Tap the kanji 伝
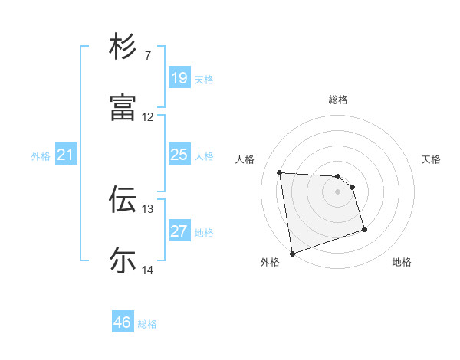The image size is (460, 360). (x=123, y=199)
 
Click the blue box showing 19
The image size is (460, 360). (x=179, y=78)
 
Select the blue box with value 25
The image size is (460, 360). (x=179, y=155)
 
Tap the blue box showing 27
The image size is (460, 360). (x=179, y=231)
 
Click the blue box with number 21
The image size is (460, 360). (x=66, y=155)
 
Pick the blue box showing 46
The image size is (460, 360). (x=123, y=322)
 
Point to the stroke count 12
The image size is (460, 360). (x=148, y=117)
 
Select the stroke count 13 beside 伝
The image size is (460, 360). (x=148, y=208)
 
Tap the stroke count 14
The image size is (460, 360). (x=148, y=270)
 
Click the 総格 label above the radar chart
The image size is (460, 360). (x=338, y=100)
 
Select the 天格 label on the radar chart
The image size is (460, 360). (x=431, y=159)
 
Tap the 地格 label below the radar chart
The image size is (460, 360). (x=402, y=263)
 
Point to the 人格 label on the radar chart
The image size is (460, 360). (x=246, y=159)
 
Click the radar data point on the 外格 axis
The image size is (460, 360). (x=292, y=252)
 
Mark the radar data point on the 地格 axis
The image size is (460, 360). (x=364, y=229)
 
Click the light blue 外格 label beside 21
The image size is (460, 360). (x=41, y=156)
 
